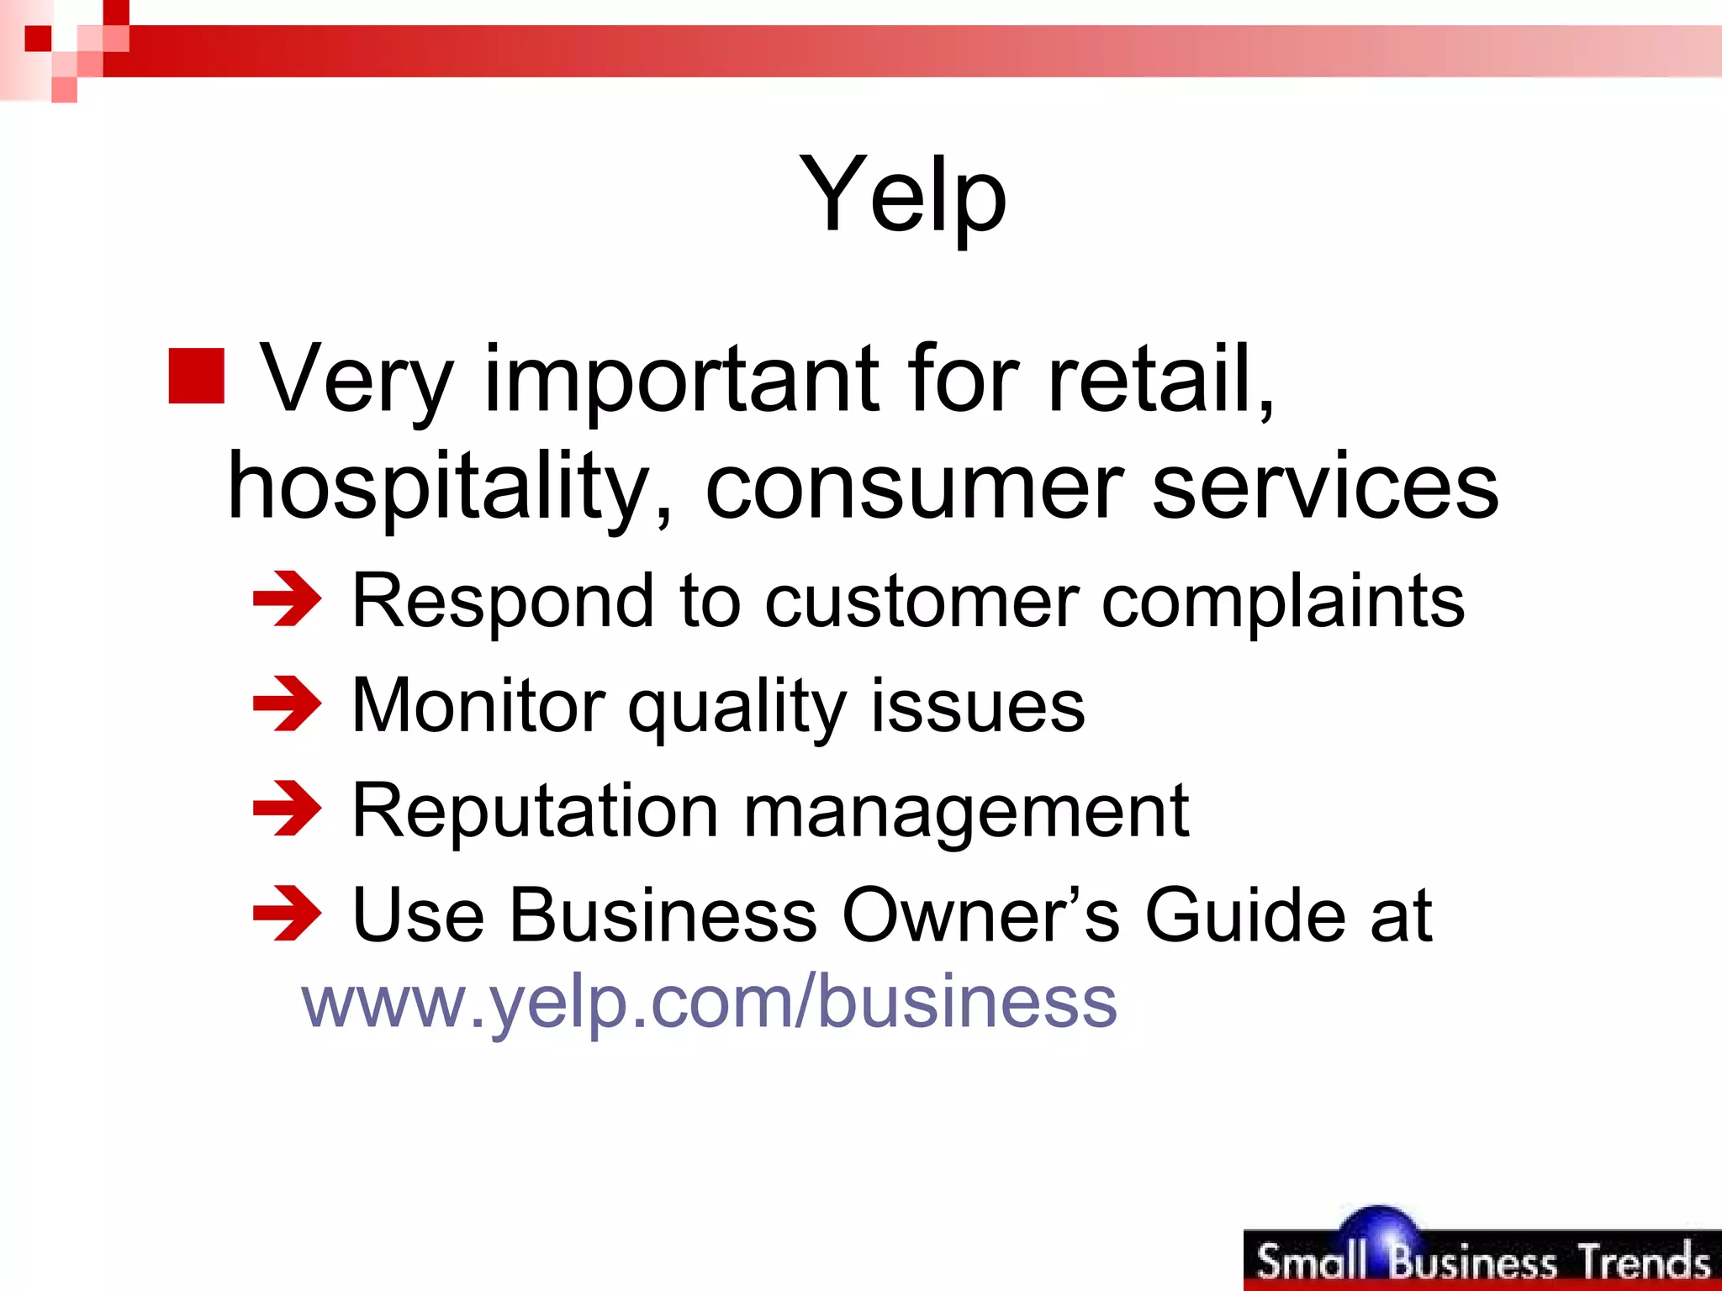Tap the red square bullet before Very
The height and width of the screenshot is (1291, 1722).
[x=197, y=376]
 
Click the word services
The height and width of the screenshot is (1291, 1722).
[x=1324, y=487]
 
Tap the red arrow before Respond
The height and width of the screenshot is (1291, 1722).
[x=287, y=599]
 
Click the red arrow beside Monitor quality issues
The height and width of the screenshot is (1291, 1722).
[x=287, y=704]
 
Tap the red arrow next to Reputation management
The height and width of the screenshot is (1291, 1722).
[x=287, y=809]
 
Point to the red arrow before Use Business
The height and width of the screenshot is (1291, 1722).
[x=287, y=914]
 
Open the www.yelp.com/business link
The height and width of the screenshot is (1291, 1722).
[x=709, y=1002]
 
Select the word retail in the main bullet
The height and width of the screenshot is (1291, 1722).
[x=1160, y=380]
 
